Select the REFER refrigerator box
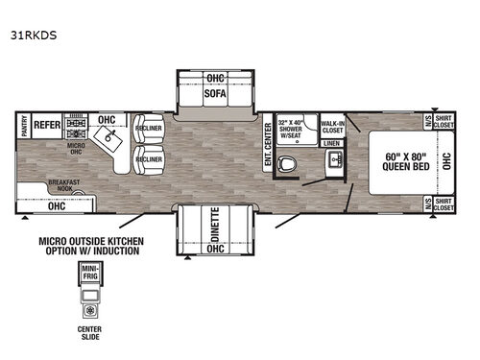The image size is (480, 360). (x=46, y=125)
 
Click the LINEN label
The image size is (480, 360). (x=331, y=143)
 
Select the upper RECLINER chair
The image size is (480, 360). (x=148, y=128)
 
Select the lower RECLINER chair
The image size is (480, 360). (x=148, y=159)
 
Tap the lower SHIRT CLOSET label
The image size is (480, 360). (x=443, y=204)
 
